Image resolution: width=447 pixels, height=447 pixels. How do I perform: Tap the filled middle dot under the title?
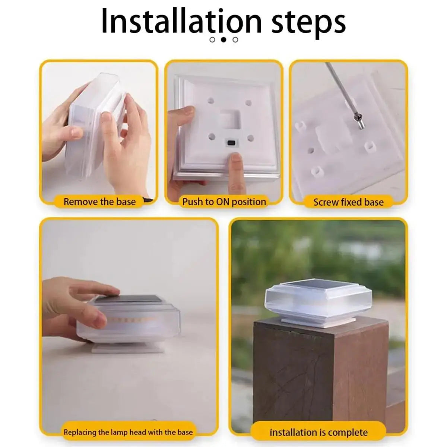(223, 39)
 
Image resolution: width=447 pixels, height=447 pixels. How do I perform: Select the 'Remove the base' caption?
(99, 202)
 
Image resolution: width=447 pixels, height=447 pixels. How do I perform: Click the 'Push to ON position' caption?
(224, 202)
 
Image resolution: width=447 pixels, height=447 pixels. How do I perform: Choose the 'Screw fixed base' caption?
(348, 202)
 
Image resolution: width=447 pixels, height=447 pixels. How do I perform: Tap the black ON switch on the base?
(231, 143)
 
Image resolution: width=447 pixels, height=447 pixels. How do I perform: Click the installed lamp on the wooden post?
(318, 302)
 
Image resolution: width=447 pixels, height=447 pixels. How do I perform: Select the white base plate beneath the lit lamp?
(128, 348)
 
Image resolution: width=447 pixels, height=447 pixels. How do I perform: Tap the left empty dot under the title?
(212, 39)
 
